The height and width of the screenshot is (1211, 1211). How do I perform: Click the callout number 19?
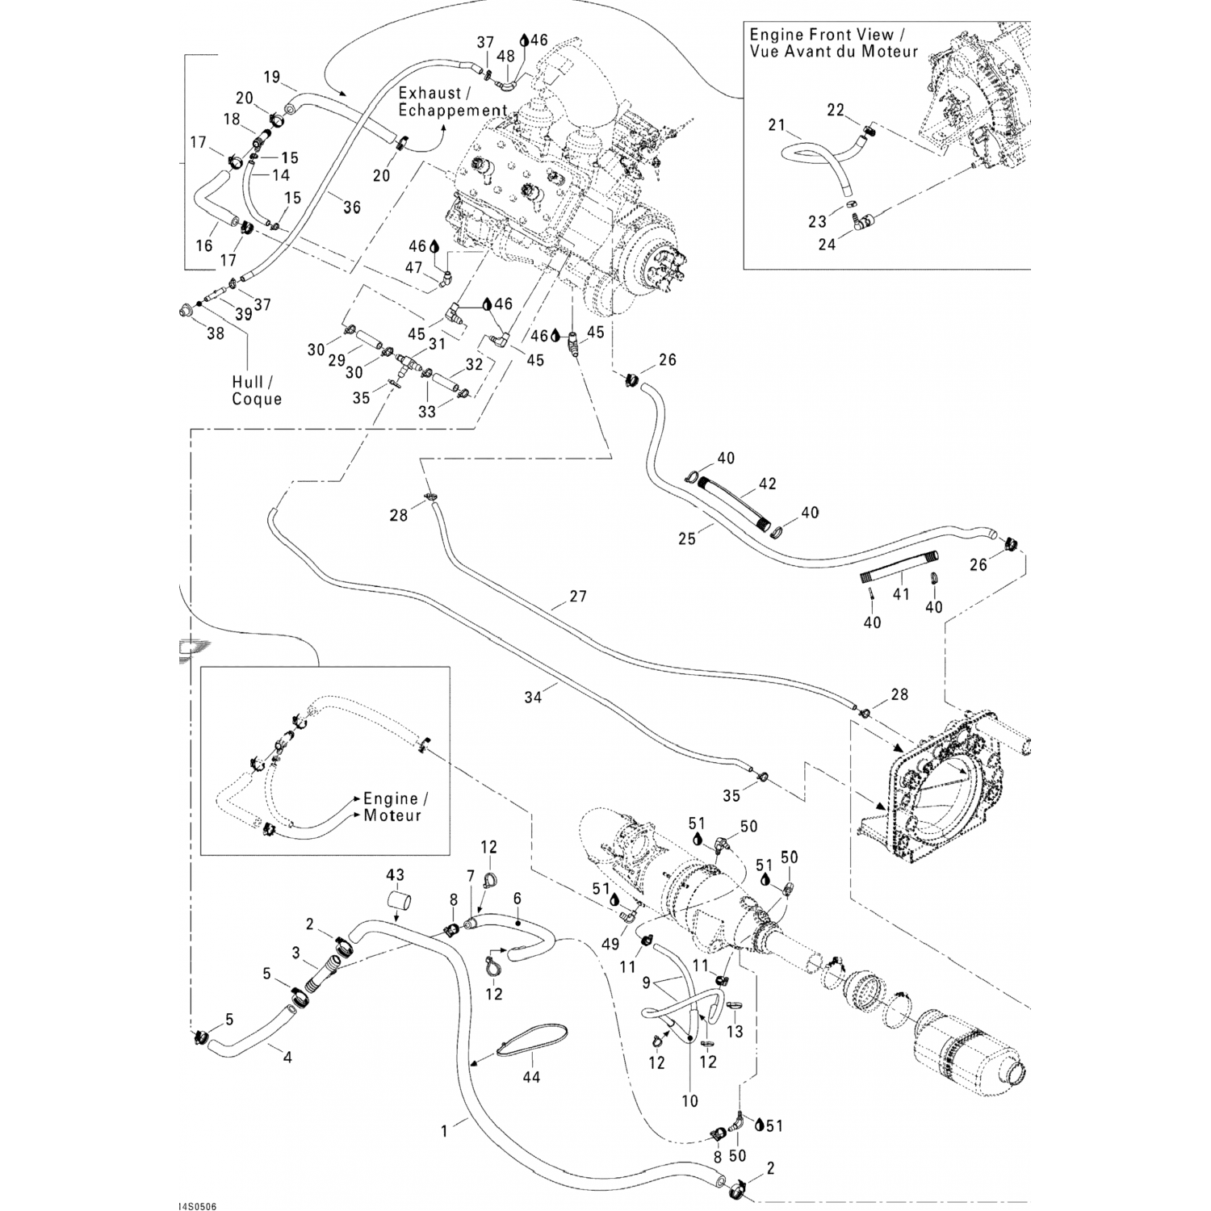(x=271, y=78)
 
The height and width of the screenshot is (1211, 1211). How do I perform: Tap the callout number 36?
(x=351, y=207)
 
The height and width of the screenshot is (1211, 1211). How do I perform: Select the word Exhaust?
(x=429, y=94)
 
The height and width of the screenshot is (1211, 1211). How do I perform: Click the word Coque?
(x=257, y=399)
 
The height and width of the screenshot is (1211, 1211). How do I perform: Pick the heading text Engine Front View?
(x=822, y=35)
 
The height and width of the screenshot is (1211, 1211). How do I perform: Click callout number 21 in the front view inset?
(x=777, y=125)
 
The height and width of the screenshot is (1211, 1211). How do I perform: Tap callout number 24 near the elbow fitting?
(x=827, y=244)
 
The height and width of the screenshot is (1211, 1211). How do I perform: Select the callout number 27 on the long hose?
(x=577, y=597)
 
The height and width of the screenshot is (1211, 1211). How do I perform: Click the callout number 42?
(x=767, y=484)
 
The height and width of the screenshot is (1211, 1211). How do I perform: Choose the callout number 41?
(x=901, y=594)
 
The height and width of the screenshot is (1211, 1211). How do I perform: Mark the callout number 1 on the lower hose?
(x=444, y=1130)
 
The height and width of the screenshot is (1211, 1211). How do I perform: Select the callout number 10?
(x=689, y=1100)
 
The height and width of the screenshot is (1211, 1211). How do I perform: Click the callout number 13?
(x=735, y=1032)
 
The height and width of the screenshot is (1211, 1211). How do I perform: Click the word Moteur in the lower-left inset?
(x=392, y=815)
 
